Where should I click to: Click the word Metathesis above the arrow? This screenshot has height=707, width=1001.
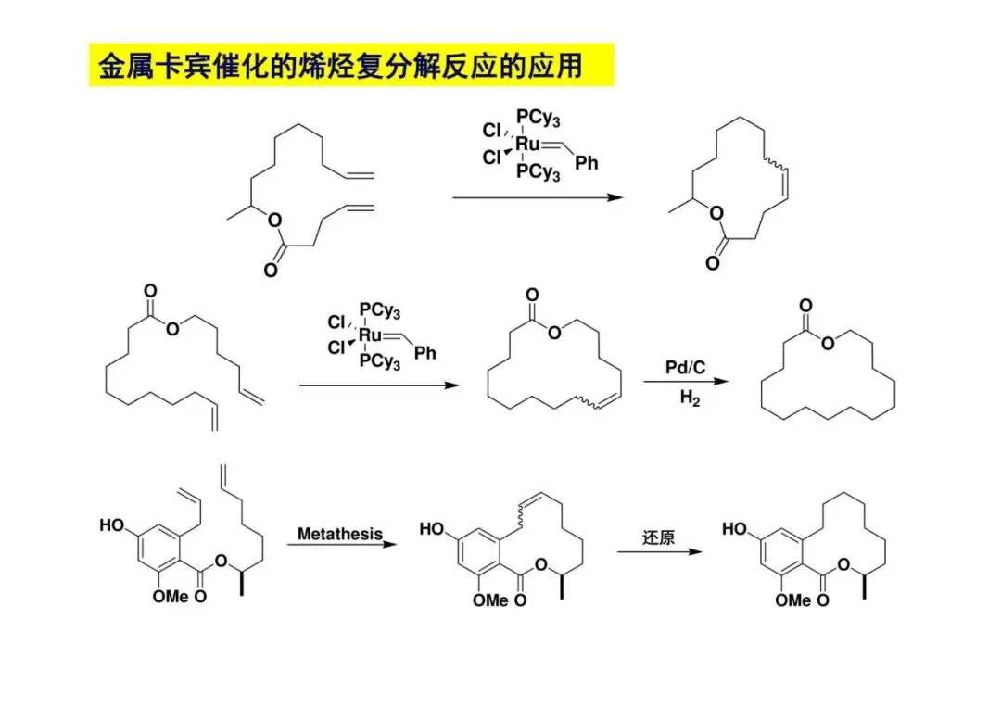coord(339,535)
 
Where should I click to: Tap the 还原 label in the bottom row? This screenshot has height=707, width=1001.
coord(658,537)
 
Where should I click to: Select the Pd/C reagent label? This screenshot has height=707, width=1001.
coord(686,368)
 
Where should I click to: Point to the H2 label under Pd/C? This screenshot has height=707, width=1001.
coord(690,399)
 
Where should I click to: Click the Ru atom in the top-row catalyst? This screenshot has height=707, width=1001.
coord(528,144)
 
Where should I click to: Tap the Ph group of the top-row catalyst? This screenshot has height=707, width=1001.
coord(587,163)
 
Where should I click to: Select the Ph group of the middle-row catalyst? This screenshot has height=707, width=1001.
coord(425,353)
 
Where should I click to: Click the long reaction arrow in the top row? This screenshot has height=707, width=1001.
coord(537,197)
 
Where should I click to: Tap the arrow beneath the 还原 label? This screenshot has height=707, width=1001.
coord(659,552)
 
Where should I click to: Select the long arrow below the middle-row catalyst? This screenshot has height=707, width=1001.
coord(379,385)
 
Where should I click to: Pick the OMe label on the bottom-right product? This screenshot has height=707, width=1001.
coord(792,600)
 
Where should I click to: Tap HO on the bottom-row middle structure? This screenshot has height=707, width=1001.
coord(432,528)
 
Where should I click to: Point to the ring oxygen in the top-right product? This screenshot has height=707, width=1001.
coord(715,214)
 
